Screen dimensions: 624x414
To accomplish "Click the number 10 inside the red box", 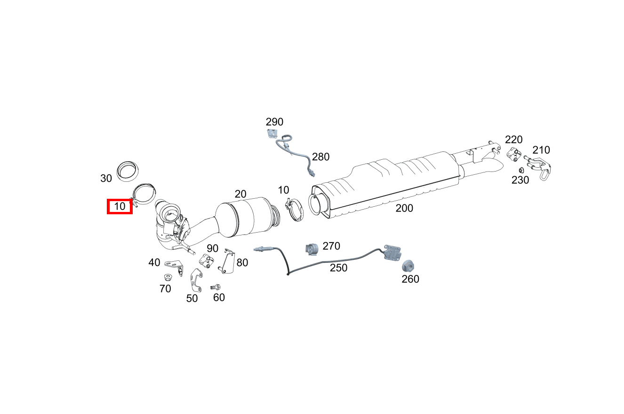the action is point(120,206).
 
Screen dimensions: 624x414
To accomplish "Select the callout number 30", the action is point(106,179).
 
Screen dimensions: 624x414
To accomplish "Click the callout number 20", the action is point(240,194).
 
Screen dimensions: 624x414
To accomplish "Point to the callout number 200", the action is point(404,208).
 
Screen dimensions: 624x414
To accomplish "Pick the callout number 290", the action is point(274,122).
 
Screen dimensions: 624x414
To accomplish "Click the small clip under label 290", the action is point(272,134).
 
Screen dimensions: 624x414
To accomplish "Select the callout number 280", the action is point(320,157).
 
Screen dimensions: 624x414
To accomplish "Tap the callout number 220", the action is point(514,140).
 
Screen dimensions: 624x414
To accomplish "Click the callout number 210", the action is point(541,150).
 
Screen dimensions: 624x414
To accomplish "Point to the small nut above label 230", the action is point(521,170).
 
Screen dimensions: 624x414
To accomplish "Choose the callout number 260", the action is point(410,279).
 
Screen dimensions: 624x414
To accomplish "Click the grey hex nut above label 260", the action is point(408,266).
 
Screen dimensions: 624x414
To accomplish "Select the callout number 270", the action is point(331,246).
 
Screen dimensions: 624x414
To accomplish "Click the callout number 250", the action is point(338,268).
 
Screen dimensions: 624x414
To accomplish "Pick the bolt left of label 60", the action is point(216,287).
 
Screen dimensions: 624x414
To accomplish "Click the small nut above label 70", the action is point(168,277).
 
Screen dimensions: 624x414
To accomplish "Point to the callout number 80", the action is point(242,263).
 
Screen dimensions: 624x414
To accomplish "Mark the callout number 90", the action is point(213,249).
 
